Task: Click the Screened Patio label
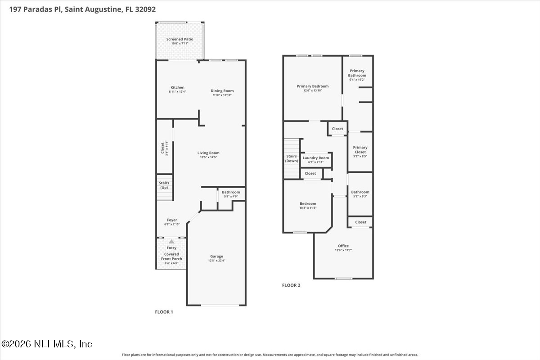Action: tap(180, 39)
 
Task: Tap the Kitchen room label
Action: tap(177, 87)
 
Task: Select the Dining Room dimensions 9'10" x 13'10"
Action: tap(222, 95)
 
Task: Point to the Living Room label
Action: tap(208, 153)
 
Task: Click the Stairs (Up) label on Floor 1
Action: tap(164, 185)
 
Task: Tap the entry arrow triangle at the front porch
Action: tap(171, 242)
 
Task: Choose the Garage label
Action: tap(216, 256)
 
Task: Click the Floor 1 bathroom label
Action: tap(231, 192)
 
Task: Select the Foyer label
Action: tap(172, 220)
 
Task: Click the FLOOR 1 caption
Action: tap(164, 311)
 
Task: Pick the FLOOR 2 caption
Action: tap(291, 285)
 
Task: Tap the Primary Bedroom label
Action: tap(312, 86)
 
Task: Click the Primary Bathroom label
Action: tap(357, 73)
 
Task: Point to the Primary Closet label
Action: tap(360, 150)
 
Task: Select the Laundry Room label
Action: tap(316, 158)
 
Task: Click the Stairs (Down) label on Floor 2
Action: tap(292, 158)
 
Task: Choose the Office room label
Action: tap(343, 246)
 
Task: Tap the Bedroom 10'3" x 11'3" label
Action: tap(308, 204)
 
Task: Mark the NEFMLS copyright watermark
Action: tap(47, 344)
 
